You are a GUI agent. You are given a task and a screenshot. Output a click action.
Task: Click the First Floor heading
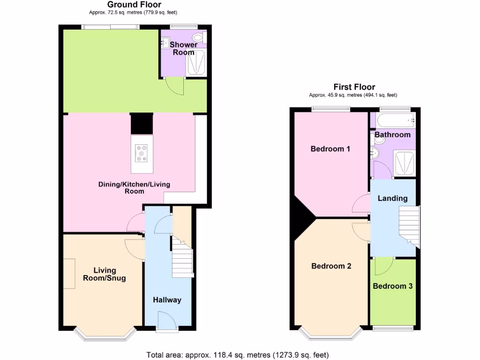(354, 87)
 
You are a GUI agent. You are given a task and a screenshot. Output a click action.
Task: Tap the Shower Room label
(183, 48)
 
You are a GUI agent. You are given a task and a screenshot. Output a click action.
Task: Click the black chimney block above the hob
(142, 123)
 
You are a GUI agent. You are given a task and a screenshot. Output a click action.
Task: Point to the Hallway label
(167, 300)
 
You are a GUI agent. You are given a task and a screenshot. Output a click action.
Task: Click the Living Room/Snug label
(104, 274)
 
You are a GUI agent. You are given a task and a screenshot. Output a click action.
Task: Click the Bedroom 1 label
(330, 149)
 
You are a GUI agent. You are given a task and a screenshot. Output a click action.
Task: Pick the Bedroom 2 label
(331, 266)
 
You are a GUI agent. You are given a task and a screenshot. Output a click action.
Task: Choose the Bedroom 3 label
(393, 286)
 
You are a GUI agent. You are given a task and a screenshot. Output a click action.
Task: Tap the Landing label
(392, 198)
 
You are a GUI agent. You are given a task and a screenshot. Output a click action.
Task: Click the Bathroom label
(392, 135)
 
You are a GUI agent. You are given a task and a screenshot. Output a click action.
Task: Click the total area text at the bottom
(238, 354)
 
